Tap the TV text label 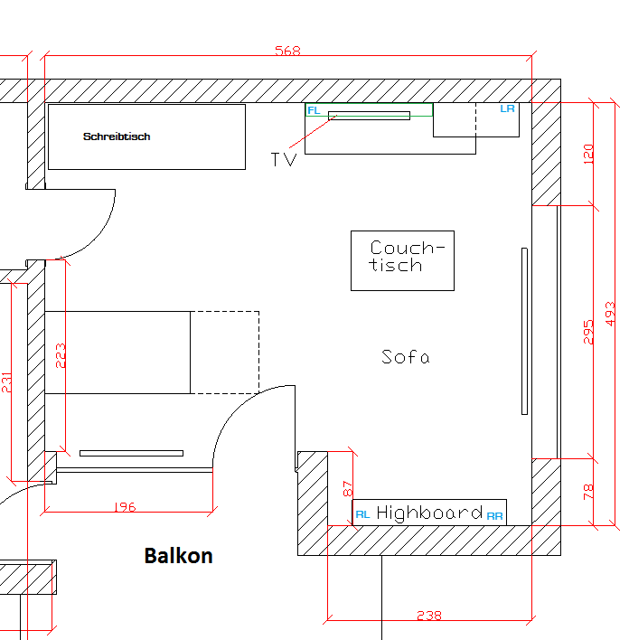point(284,160)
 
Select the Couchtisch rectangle point(402,260)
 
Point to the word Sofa point(405,357)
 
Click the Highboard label point(429,513)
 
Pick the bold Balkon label point(178,555)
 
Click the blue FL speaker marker point(314,110)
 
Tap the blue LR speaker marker point(508,108)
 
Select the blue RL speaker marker point(362,514)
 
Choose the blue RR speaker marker point(494,515)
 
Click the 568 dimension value point(287,52)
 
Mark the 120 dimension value point(589,153)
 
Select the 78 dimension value point(589,492)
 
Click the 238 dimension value point(429,616)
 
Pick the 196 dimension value point(126,507)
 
